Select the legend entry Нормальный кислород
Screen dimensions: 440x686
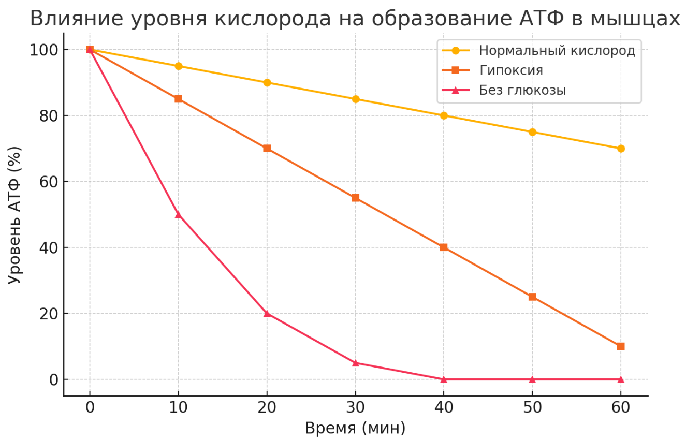557,51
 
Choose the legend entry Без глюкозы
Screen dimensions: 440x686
522,90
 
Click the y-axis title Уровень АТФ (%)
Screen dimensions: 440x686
15,215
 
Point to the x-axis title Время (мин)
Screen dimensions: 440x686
355,428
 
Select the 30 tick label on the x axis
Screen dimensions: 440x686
355,408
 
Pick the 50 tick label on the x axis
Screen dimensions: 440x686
532,408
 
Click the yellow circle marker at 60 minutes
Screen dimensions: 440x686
621,149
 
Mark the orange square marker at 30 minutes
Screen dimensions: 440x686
355,198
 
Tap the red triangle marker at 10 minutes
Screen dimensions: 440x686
178,214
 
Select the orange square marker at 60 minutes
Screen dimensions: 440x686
621,346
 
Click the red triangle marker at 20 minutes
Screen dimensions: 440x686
267,313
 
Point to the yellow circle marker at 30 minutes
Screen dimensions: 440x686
355,99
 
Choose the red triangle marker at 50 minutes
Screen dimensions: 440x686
532,379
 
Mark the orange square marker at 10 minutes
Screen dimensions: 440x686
178,99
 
